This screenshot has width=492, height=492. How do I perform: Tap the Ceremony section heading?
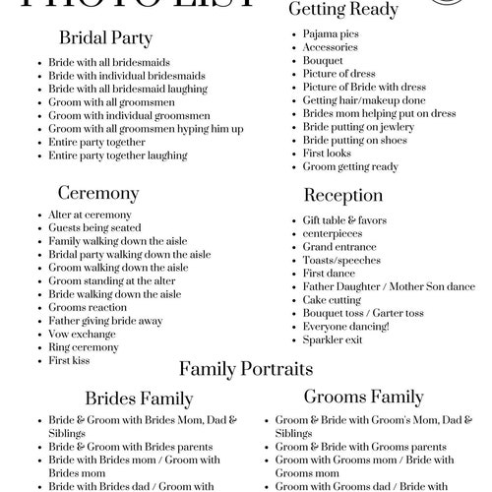[x=99, y=192]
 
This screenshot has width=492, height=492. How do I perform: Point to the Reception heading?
[x=344, y=195]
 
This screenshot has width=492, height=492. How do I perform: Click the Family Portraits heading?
[x=246, y=370]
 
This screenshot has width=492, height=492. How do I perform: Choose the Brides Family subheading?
[x=139, y=400]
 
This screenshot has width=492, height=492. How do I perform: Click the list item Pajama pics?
[x=330, y=33]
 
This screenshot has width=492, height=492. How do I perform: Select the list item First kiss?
[x=70, y=361]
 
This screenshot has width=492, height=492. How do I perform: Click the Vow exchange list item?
[x=81, y=334]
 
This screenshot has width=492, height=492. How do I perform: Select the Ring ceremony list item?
[x=83, y=347]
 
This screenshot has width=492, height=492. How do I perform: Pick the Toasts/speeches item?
[x=340, y=260]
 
